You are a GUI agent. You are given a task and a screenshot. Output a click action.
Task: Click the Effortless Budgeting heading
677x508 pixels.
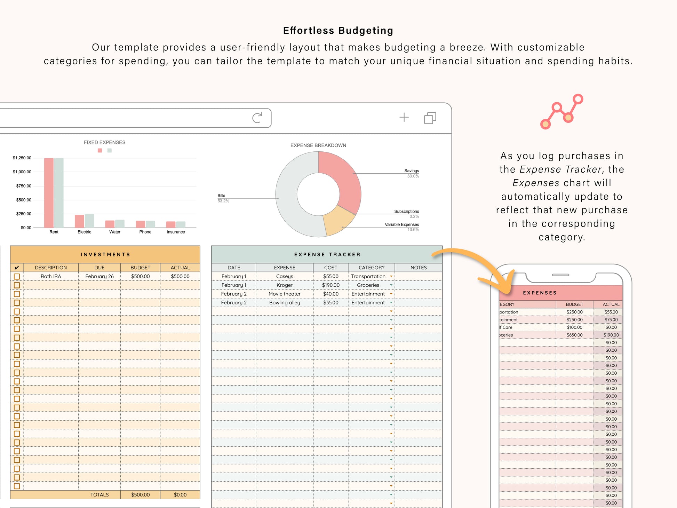pos(338,31)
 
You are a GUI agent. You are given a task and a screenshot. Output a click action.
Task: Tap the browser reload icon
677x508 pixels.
pos(257,118)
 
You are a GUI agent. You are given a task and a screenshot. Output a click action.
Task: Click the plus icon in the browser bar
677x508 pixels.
pos(404,117)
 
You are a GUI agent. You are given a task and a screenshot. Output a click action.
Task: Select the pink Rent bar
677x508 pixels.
pos(49,193)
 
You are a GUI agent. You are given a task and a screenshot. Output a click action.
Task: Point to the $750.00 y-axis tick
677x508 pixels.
pos(24,186)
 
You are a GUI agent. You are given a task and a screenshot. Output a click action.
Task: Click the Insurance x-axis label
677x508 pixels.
pos(176,232)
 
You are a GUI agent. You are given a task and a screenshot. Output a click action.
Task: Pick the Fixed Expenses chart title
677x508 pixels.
pos(104,142)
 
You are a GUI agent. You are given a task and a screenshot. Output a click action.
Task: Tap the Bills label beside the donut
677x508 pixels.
pos(221,196)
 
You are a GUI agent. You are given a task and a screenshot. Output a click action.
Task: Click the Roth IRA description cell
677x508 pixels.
pos(51,276)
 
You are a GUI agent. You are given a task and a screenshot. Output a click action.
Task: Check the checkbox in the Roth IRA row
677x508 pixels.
pos(17,276)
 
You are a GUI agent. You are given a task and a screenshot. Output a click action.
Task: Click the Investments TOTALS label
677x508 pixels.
pos(99,495)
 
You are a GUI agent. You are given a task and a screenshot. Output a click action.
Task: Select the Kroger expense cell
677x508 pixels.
pos(285,285)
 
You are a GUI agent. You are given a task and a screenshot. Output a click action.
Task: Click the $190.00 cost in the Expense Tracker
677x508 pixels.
pos(331,285)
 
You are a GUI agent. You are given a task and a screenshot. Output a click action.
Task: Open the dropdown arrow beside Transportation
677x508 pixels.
pos(391,276)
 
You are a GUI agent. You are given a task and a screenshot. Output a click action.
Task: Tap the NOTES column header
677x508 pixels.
pos(419,268)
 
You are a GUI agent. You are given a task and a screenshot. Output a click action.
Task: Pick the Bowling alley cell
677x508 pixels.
pos(285,303)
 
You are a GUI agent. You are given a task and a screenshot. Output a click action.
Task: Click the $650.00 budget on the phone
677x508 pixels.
pos(574,335)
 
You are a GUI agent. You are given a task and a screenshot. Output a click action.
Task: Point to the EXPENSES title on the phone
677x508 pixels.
pos(540,293)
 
